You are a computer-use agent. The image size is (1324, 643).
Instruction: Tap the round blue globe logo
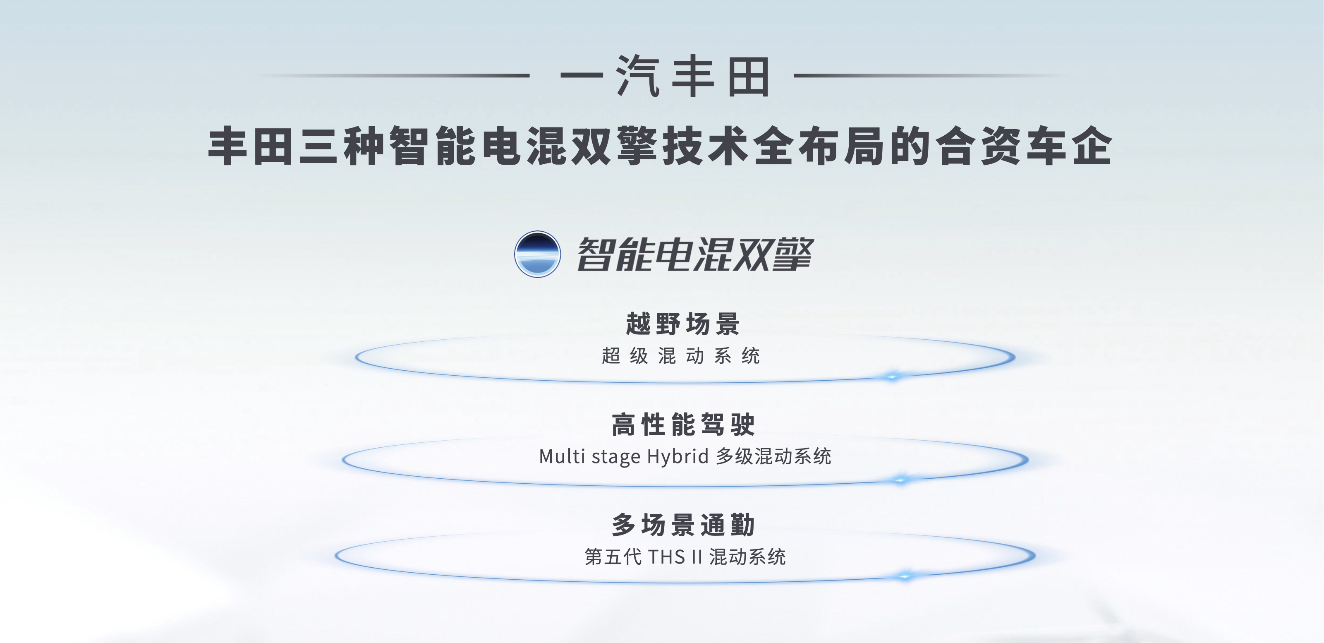pos(537,254)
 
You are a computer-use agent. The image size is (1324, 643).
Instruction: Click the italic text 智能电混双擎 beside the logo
pos(695,254)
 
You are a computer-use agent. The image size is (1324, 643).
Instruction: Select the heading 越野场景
pos(682,324)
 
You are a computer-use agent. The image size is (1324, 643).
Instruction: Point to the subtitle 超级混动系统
pos(680,356)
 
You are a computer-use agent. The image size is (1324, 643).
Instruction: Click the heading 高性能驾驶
pos(683,425)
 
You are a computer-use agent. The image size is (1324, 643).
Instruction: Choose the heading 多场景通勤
pos(683,525)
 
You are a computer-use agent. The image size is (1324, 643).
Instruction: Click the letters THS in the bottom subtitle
pos(667,557)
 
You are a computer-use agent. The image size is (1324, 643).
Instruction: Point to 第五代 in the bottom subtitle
pos(613,557)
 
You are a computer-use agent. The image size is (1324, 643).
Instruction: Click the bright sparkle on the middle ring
pos(900,480)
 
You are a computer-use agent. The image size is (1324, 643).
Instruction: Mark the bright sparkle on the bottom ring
pos(904,576)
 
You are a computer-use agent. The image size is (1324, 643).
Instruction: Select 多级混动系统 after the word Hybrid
pos(773,456)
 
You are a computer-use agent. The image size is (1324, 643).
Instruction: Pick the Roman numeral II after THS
pos(697,557)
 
